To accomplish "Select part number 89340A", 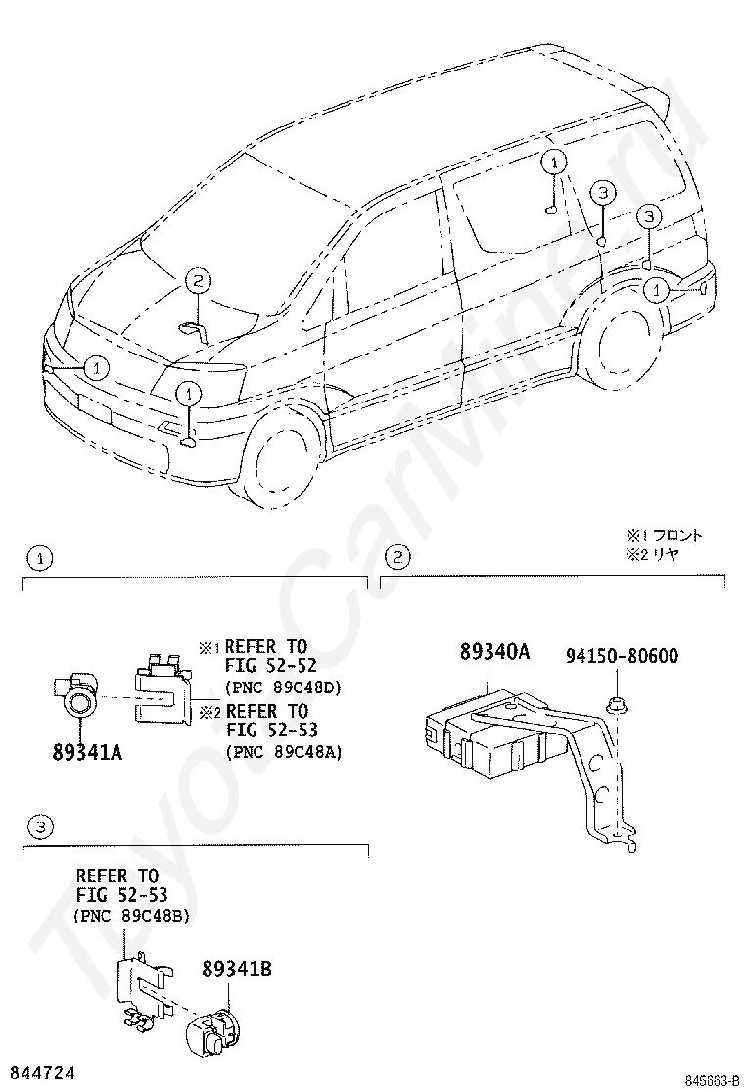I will (494, 652).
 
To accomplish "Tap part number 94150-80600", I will (622, 656).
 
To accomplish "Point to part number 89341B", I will (236, 970).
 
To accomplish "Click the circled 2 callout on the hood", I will (197, 282).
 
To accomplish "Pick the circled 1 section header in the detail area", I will (39, 559).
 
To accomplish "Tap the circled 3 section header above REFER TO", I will (39, 829).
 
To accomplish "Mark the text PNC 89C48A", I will (283, 752).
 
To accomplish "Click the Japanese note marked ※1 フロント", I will (665, 536).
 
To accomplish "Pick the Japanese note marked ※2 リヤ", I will (654, 553).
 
